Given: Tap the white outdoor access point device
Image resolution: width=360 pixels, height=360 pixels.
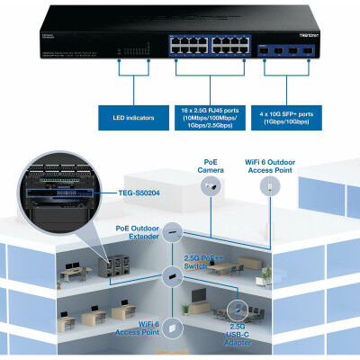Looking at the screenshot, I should coord(268,187).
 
